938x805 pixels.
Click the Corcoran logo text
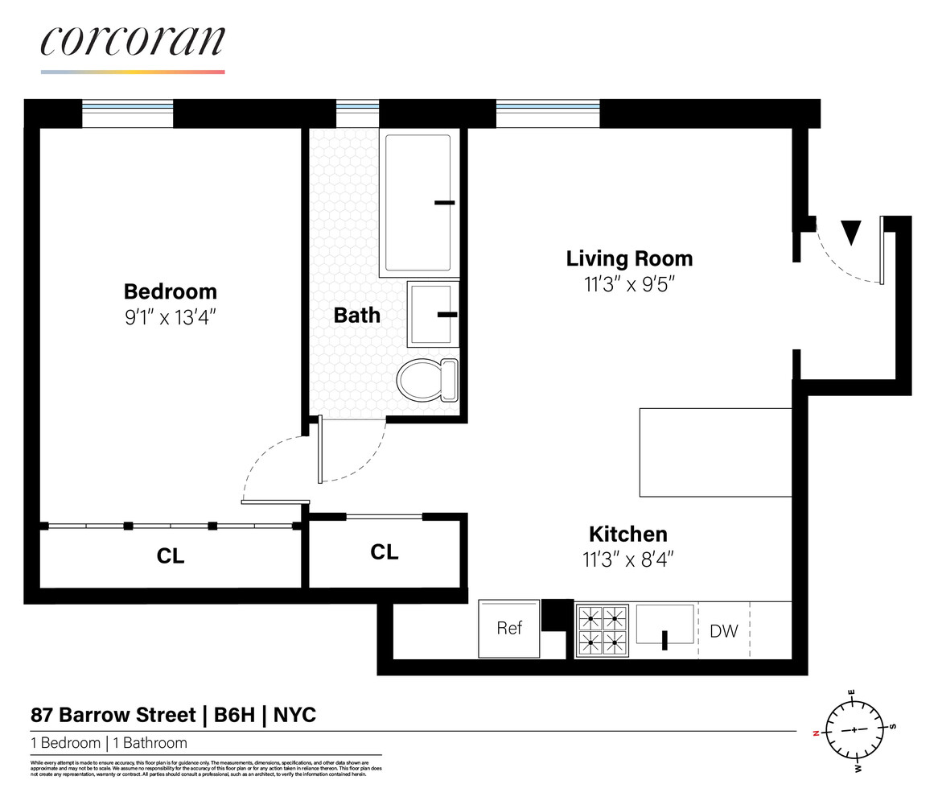pos(133,42)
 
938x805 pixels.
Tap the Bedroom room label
pos(170,291)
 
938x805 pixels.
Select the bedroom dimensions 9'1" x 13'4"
pos(170,317)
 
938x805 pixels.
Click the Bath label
pos(356,315)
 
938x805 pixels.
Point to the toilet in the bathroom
pos(426,380)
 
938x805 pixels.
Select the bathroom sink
pos(433,314)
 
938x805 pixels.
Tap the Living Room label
pos(628,258)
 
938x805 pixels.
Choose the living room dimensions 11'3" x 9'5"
pos(628,284)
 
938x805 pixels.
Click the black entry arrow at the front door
pos(850,233)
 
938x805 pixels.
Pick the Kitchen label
pos(627,534)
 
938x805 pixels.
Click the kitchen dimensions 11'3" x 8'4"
pos(627,559)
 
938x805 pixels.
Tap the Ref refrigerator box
pos(509,629)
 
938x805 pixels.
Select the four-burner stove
pos(603,630)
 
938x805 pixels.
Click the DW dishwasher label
pos(723,631)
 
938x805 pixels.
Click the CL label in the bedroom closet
pos(170,556)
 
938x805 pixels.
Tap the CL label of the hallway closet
pos(384,552)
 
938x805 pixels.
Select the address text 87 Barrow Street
pos(113,715)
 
